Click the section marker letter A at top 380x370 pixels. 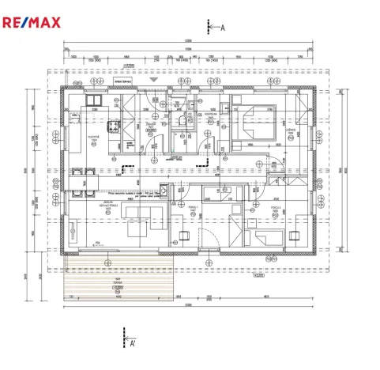pos(223,27)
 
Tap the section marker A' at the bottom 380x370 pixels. pos(134,342)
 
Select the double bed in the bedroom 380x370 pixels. pos(254,124)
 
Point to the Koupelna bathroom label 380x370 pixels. pos(211,115)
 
